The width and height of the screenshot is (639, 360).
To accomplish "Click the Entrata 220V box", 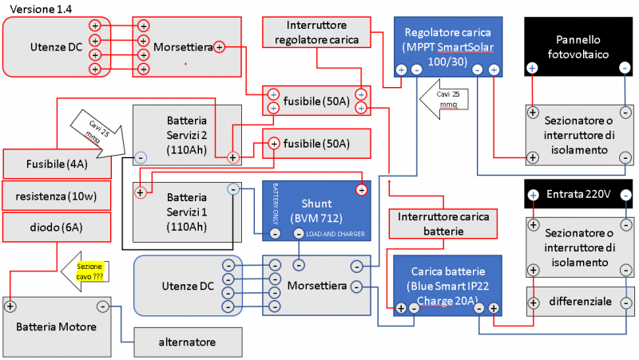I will tap(578, 194).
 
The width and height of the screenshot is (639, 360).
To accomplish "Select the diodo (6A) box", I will tap(55, 227).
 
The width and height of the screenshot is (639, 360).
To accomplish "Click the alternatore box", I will tap(187, 342).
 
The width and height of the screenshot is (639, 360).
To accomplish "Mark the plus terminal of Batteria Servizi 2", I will tap(232, 157).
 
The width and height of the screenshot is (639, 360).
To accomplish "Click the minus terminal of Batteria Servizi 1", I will tap(232, 190).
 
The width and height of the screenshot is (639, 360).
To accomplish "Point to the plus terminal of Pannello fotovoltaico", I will tap(532, 69).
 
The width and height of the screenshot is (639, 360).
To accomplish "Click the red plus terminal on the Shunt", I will tap(362, 189).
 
